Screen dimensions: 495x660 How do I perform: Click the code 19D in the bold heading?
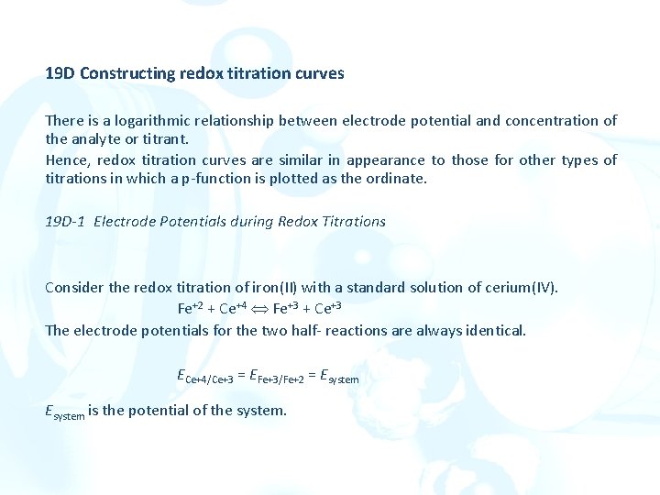[60, 73]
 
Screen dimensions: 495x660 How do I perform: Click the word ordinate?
[398, 179]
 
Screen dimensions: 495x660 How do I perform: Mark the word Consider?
[74, 288]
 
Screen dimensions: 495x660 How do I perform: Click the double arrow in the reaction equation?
[259, 309]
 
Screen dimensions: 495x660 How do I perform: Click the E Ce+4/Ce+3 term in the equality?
[206, 375]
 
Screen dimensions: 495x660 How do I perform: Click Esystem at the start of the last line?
[64, 412]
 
